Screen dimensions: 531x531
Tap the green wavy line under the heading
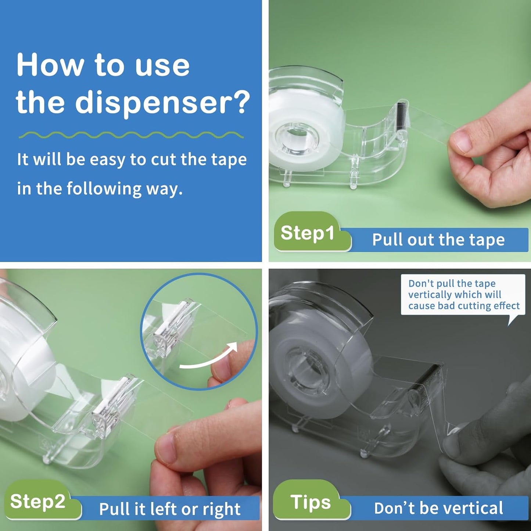coord(131,135)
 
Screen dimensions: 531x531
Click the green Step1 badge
coord(308,233)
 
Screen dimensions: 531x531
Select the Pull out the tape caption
coord(438,240)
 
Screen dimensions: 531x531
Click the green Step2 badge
coord(38,501)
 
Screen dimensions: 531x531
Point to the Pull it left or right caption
coord(170,509)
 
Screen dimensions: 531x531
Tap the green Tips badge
coord(311,502)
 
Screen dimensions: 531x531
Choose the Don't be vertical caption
coord(438,508)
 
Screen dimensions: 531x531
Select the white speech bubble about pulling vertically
coord(463,295)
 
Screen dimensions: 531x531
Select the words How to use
coord(103,65)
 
